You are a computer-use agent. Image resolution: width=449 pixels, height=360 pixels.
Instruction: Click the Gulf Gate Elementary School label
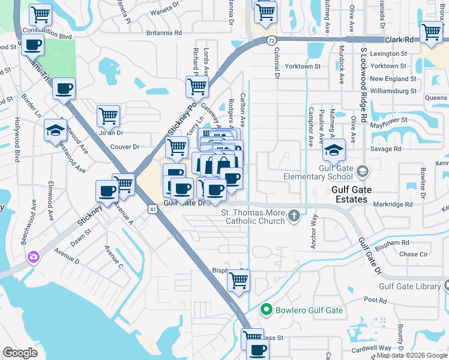[x=318, y=172]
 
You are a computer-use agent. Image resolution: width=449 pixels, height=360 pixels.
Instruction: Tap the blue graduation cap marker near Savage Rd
[x=335, y=151]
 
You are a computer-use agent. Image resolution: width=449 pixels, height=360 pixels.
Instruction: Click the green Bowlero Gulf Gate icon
[x=267, y=310]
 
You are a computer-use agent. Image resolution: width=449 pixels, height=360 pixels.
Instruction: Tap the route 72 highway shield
[x=272, y=40]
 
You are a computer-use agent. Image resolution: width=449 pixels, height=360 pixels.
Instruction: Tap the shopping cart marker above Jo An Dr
[x=108, y=115]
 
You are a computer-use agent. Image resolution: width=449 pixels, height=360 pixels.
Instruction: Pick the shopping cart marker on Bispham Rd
[x=238, y=281]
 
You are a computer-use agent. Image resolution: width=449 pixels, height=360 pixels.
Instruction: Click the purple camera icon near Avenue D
[x=33, y=257]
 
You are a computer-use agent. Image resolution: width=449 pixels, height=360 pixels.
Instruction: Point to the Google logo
[x=20, y=353]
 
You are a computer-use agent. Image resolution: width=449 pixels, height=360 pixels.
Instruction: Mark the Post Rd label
[x=375, y=299]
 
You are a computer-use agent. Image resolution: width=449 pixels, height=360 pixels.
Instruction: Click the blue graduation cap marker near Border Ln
[x=55, y=130]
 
